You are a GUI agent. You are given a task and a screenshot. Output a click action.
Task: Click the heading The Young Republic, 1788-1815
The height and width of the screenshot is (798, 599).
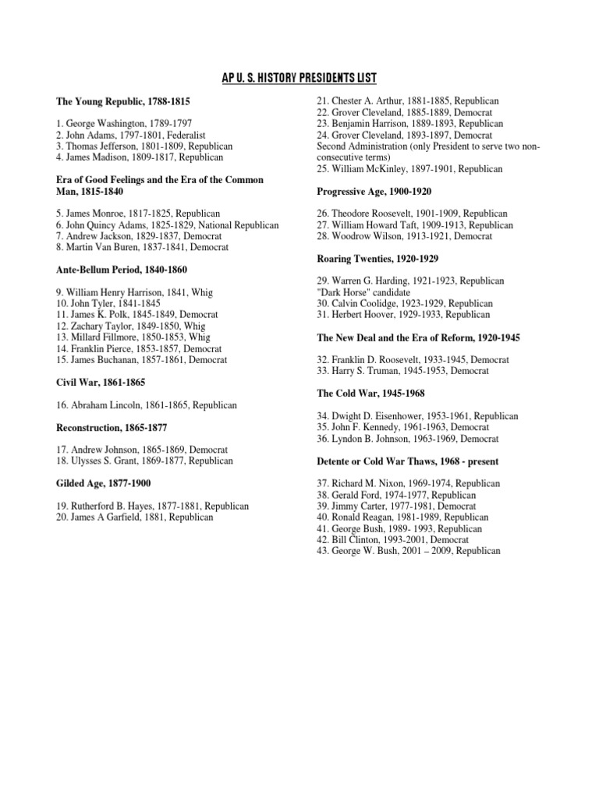point(122,101)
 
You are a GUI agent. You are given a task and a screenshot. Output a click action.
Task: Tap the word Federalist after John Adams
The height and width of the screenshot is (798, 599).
point(197,135)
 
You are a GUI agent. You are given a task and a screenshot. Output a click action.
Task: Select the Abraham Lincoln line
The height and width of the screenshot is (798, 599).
point(146,405)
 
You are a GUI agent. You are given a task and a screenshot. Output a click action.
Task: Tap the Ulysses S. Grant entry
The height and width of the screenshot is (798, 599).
point(144,461)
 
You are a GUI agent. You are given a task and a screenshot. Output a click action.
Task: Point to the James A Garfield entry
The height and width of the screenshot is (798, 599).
point(134,517)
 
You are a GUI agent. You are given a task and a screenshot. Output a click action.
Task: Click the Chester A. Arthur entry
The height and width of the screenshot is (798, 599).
point(407,101)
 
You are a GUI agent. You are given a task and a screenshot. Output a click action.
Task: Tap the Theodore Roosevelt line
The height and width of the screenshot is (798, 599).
point(412,214)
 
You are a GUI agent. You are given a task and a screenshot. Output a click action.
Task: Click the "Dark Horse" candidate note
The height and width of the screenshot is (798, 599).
point(365,292)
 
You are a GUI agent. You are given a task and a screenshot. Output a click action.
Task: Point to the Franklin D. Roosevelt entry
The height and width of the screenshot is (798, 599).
point(412,360)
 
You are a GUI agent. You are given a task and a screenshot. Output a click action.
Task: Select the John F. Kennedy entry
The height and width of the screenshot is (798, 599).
point(402,428)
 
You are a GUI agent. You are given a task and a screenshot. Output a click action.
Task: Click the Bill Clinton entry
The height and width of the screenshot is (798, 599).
point(392,539)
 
